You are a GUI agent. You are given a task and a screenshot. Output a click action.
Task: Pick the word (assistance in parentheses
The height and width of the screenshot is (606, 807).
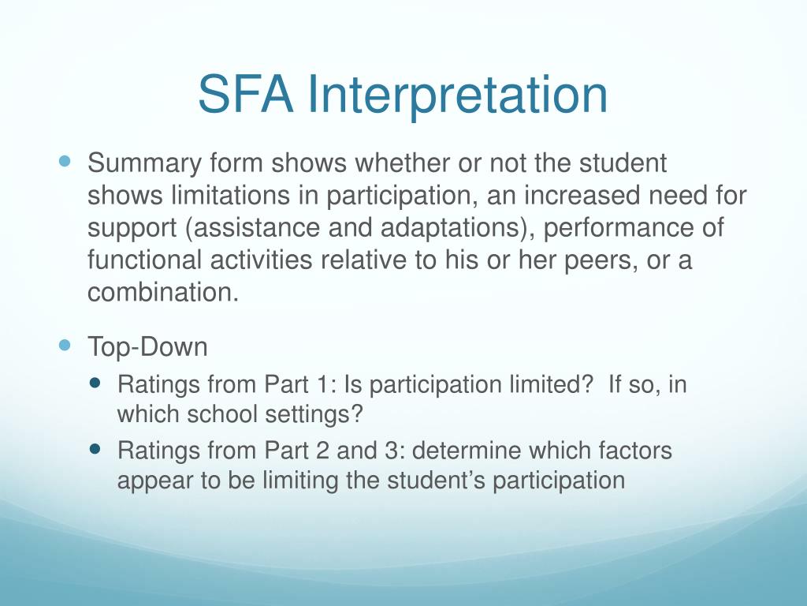pos(240,228)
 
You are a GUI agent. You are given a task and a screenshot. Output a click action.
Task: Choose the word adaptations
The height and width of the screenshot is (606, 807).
pos(447,228)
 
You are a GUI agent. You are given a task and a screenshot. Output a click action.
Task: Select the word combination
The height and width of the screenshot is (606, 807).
pos(162,292)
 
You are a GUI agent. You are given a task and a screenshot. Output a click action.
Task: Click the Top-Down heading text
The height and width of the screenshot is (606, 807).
pos(147,346)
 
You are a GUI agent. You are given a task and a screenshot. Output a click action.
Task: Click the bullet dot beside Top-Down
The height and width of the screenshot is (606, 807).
pos(65,345)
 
